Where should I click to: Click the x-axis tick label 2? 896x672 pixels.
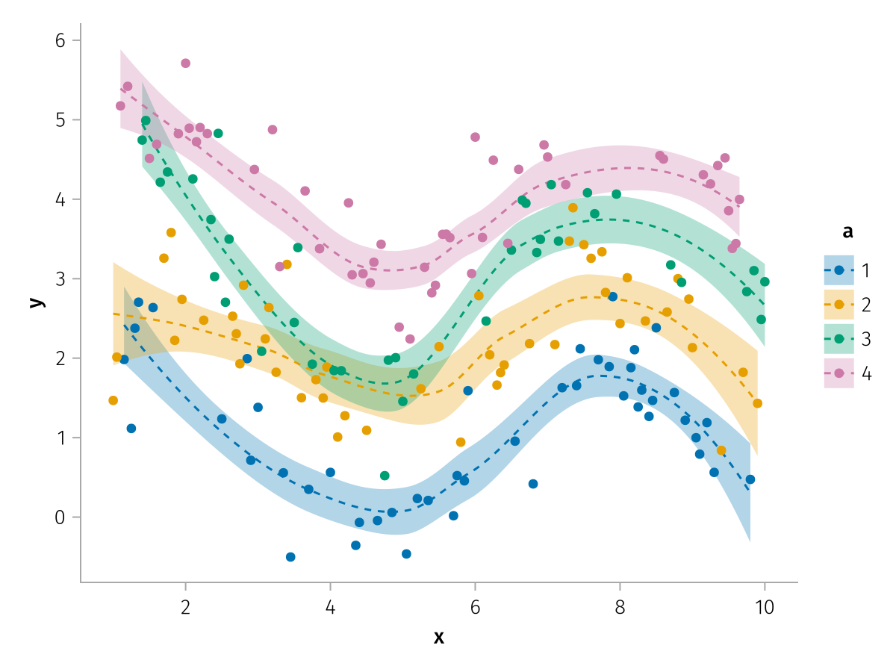tap(185, 606)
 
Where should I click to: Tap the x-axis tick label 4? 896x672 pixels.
tap(330, 606)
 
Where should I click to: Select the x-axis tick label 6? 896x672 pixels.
tap(475, 606)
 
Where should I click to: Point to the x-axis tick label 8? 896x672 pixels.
tap(620, 606)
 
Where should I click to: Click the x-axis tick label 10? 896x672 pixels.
tap(764, 606)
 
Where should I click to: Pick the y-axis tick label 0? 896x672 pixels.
tap(61, 517)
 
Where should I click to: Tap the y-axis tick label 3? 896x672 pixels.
tap(61, 279)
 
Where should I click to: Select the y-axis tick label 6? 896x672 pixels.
tap(61, 41)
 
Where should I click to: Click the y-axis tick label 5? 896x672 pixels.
tap(61, 120)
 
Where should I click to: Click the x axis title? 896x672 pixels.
tap(439, 637)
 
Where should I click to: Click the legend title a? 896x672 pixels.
tap(847, 232)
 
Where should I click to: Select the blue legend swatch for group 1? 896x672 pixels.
tap(839, 270)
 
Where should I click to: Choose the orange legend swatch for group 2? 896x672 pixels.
tap(839, 305)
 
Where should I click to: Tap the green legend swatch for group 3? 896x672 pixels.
tap(839, 339)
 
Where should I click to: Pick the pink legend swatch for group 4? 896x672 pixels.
tap(839, 373)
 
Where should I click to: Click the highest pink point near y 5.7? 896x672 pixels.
tap(185, 63)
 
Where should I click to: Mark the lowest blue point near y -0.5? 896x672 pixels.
tap(290, 557)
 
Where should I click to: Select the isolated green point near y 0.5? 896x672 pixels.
tap(385, 476)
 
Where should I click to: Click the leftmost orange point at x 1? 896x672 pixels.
tap(113, 400)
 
